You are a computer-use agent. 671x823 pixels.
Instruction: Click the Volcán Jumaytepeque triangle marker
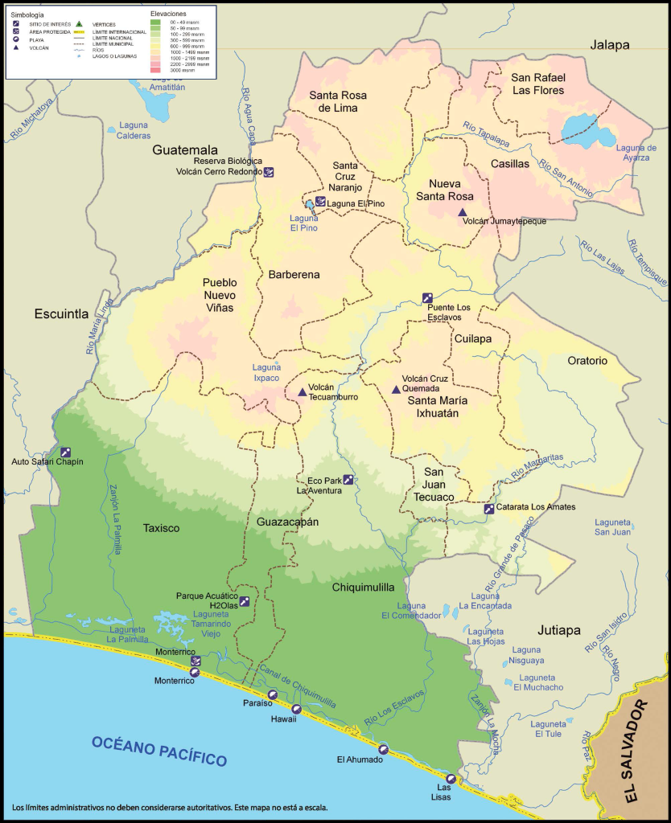462,212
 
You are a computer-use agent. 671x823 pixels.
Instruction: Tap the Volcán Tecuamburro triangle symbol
302,392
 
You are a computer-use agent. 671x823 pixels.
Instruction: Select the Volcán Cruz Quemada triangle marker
395,390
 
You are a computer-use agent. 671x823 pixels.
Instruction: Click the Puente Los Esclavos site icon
427,297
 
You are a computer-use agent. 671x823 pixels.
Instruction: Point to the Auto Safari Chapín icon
65,452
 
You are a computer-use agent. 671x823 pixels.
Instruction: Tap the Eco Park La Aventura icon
348,480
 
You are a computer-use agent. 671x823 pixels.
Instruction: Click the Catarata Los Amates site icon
488,508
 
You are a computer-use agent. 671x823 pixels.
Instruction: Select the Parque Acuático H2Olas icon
244,600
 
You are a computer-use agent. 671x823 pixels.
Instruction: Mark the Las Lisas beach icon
451,779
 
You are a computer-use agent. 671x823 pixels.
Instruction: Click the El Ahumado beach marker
383,749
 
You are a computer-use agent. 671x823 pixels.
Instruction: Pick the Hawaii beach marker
296,709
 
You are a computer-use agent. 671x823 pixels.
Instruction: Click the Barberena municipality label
294,274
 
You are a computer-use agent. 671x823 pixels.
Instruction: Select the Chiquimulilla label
362,588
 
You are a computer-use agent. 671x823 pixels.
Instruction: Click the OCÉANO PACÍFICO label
158,749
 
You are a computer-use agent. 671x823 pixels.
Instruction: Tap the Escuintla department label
61,314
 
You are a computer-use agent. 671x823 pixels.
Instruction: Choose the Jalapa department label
609,45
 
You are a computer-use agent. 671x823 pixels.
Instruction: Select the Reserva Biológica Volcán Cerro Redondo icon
269,171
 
